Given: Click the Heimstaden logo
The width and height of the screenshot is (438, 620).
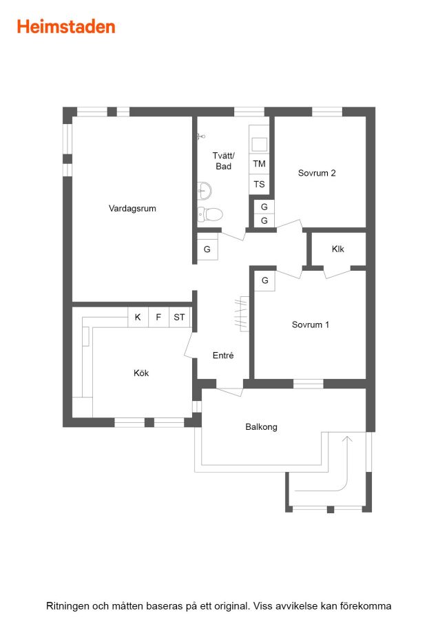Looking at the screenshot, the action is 66,27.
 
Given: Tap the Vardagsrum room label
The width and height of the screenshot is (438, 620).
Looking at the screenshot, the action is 132,208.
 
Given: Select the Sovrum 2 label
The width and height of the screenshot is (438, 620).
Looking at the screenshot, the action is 317,173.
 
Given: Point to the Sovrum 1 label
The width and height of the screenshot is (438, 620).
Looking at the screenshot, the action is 311,324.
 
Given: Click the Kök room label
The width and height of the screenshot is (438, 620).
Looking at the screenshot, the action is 141,373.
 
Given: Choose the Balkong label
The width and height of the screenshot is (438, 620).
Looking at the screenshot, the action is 261,427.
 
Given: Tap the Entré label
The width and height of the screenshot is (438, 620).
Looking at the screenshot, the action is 223,355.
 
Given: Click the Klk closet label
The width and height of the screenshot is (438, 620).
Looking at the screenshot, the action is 338,249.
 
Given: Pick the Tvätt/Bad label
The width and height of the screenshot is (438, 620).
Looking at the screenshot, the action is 223,161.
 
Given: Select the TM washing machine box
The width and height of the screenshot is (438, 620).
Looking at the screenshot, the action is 259,164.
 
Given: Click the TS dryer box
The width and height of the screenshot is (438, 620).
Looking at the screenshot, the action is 259,184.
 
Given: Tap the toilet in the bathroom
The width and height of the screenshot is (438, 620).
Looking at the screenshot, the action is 210,214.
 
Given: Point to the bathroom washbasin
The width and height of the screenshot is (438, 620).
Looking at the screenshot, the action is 205,191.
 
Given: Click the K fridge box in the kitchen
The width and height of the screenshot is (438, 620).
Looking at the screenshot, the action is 138,317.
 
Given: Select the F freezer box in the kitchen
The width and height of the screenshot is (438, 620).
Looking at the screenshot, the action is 158,317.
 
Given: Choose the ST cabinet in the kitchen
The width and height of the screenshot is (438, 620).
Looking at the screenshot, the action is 180,317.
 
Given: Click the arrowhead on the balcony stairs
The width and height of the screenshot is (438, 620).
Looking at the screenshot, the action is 347,438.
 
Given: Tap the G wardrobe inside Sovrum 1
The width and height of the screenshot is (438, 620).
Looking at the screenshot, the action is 264,281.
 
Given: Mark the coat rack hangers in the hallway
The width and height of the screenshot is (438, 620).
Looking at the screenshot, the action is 242,314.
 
